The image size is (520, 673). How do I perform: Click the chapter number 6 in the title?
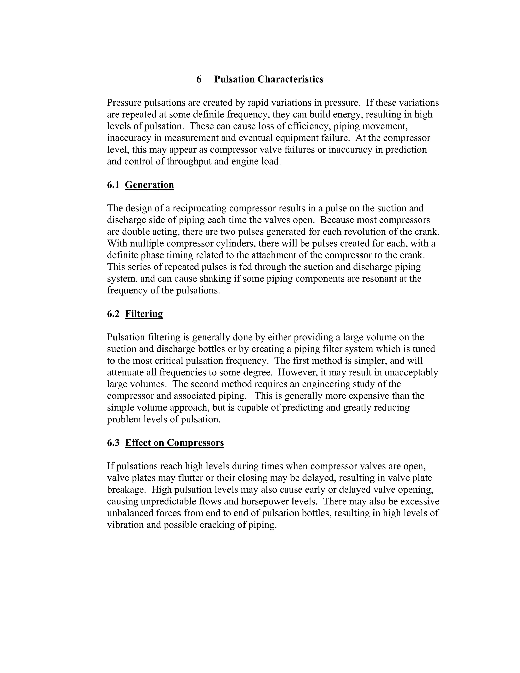[199, 79]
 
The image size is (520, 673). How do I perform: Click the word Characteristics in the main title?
[290, 79]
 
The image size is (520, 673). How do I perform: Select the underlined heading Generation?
[149, 185]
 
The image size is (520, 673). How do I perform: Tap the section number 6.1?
[113, 185]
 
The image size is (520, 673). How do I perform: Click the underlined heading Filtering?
[144, 314]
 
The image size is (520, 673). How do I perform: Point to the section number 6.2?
[113, 314]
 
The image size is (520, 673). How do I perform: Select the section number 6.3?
[113, 443]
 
